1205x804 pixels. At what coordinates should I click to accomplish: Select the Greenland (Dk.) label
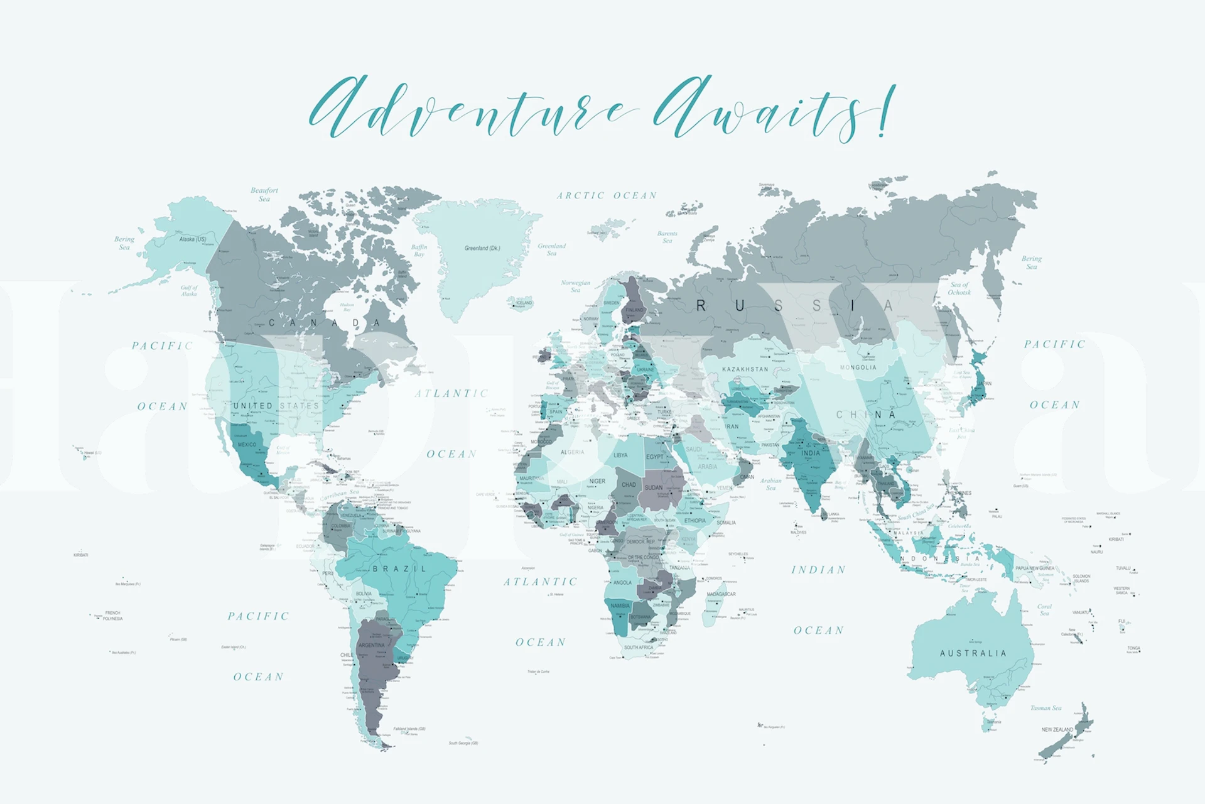click(482, 248)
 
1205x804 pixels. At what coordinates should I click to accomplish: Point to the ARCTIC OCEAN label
click(607, 196)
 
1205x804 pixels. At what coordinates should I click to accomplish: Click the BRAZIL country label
click(400, 569)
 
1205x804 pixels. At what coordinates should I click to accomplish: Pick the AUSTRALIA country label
click(973, 653)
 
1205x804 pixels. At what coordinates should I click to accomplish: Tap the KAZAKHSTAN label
click(745, 369)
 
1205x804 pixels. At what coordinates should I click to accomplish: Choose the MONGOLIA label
click(858, 367)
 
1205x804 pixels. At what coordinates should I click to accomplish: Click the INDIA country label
click(811, 453)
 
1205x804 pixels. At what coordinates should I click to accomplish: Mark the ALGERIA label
click(572, 452)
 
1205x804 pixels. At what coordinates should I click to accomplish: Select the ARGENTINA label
click(371, 645)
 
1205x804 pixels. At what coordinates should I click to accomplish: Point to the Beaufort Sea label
click(264, 194)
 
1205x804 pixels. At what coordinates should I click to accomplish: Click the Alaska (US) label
click(193, 239)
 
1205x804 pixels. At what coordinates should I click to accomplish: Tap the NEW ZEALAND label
click(1057, 729)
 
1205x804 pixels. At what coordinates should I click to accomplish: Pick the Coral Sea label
click(1044, 609)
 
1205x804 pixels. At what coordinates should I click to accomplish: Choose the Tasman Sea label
click(1046, 708)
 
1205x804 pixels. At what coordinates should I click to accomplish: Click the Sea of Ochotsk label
click(959, 288)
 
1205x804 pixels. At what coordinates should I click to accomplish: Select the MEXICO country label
click(247, 445)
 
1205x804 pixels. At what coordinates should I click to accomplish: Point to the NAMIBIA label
click(620, 606)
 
